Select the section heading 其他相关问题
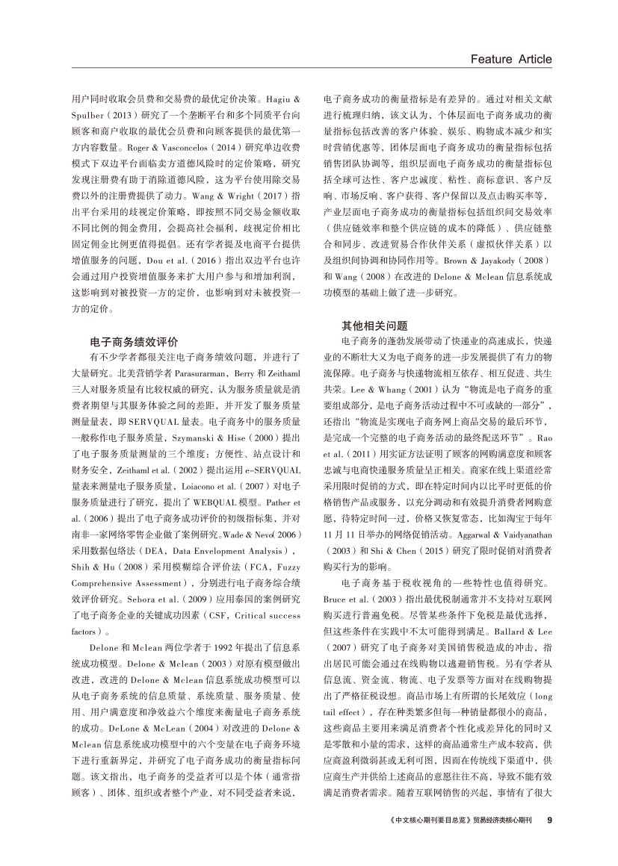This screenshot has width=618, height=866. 375,325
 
